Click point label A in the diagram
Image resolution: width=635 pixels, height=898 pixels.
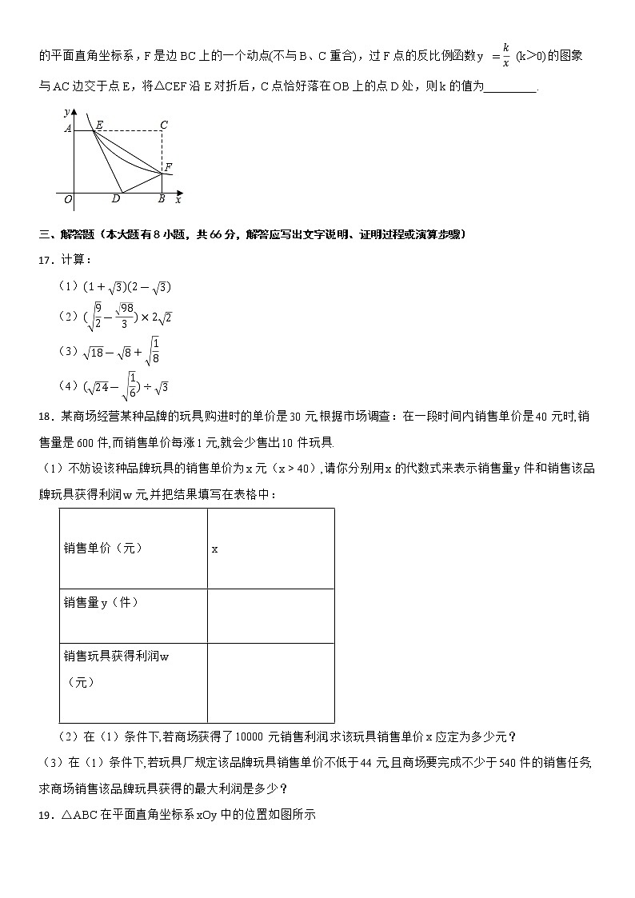coord(68,128)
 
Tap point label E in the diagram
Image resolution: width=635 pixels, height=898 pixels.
coord(99,125)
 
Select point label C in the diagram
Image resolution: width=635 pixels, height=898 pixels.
coord(163,125)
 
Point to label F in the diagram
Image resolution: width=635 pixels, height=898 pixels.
coord(168,167)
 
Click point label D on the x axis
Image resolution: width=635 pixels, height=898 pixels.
coord(116,199)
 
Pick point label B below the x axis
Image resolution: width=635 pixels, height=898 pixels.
coord(162,199)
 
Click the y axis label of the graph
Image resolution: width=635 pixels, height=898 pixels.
coord(68,114)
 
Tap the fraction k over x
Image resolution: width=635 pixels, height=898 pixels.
coord(505,56)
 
